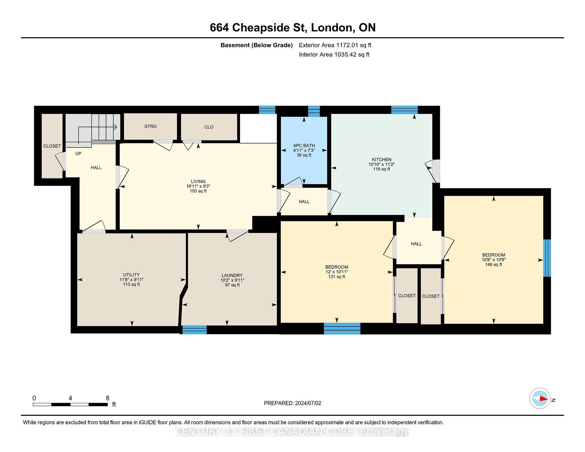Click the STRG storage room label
coord(151,126)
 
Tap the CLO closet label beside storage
coord(209,127)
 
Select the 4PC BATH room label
coord(304,146)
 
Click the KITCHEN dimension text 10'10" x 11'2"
coord(381,164)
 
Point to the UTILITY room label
coord(131,275)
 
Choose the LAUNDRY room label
coord(232,275)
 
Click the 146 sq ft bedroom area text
coord(494,265)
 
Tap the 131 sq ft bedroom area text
coord(337,277)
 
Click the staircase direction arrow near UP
coord(115,127)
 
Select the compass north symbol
coord(540,398)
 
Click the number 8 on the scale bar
coord(107,398)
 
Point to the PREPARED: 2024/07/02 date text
coord(292,403)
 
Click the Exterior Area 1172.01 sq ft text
coord(335,45)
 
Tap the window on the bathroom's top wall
coord(314,111)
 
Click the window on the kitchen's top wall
coord(404,110)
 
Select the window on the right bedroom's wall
coord(547,258)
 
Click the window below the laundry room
coord(194,330)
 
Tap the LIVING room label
coord(198,182)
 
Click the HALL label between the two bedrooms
coord(416,244)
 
